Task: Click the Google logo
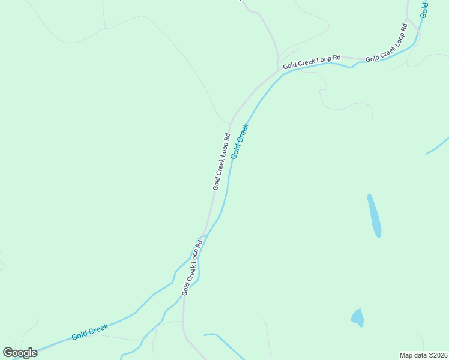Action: click(x=20, y=352)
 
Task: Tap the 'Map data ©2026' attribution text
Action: click(x=423, y=355)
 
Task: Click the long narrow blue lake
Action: click(x=374, y=215)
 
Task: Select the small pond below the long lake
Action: click(x=358, y=317)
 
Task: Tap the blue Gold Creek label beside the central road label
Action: click(x=240, y=141)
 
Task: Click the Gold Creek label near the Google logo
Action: click(x=90, y=332)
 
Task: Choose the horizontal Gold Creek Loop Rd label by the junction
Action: click(x=312, y=61)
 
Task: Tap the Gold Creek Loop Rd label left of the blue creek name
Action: click(x=221, y=161)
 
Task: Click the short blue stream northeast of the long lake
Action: click(x=438, y=146)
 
